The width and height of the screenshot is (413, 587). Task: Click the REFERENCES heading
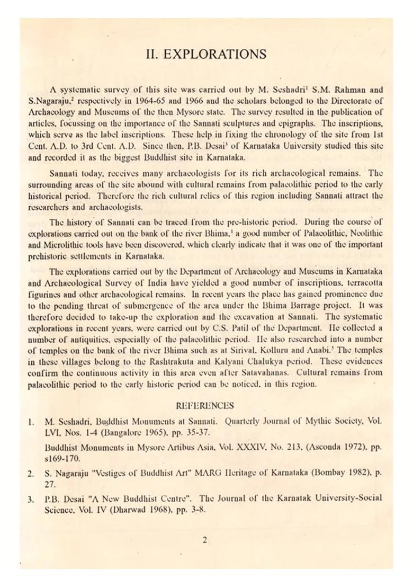204,406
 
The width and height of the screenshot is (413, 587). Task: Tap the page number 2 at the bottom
205,540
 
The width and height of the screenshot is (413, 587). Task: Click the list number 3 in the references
31,499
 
